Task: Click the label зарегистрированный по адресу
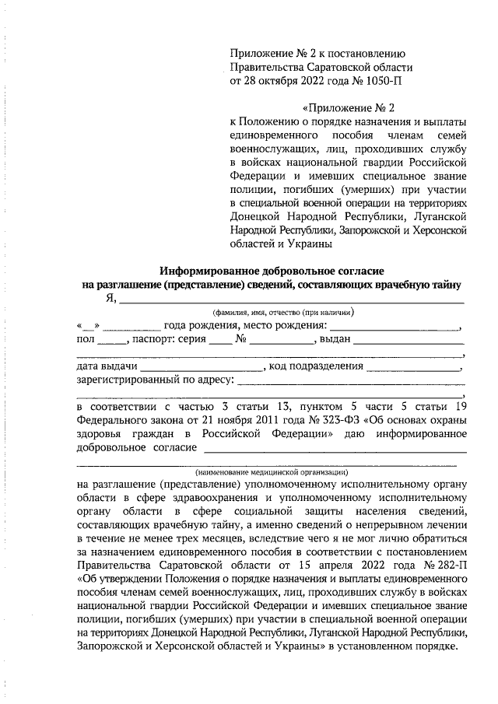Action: (x=155, y=380)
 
